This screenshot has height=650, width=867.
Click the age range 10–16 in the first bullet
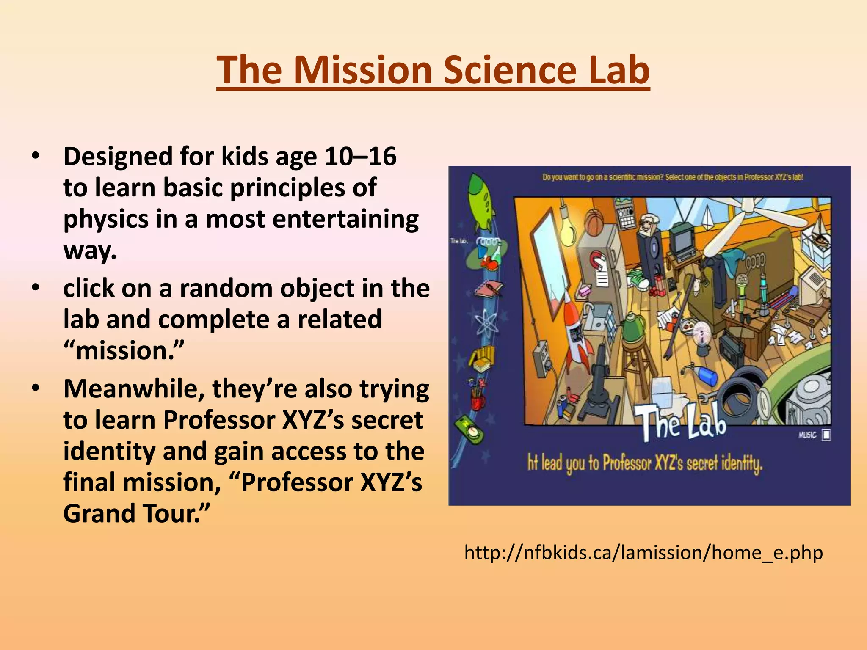pos(361,156)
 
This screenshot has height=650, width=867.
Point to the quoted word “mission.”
pos(124,350)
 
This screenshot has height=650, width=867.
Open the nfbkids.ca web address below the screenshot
pos(643,553)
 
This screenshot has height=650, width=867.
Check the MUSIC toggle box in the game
pos(826,435)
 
